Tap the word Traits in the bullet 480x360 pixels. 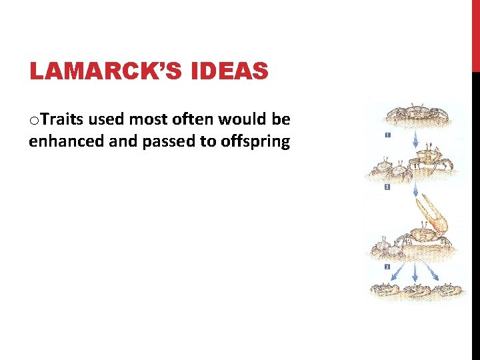point(61,120)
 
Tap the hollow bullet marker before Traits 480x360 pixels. point(33,121)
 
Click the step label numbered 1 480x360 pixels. point(387,135)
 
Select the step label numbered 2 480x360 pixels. point(387,188)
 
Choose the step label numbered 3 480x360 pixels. point(387,267)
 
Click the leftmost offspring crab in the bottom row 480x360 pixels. point(386,291)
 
